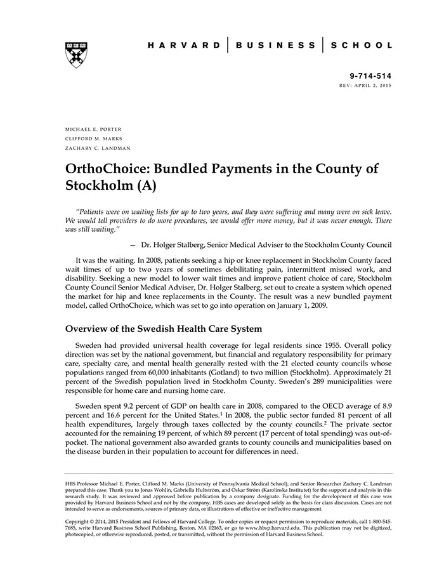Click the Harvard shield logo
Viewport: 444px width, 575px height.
click(76, 55)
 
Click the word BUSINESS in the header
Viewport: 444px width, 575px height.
click(275, 46)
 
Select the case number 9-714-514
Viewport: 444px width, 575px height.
click(371, 75)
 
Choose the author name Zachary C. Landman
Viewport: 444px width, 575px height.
click(98, 148)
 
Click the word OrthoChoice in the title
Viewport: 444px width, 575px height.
click(107, 169)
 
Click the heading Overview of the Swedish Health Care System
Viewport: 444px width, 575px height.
click(162, 329)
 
